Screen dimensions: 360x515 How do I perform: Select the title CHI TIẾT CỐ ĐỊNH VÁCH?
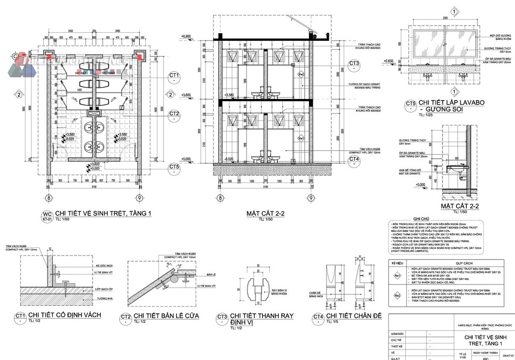click(x=65, y=315)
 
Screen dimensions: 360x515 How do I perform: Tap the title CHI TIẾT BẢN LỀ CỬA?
click(x=166, y=316)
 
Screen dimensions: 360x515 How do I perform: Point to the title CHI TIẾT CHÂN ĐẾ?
click(x=354, y=316)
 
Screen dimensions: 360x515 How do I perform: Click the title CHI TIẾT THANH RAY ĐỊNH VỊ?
click(x=262, y=319)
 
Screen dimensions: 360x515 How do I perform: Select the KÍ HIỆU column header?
click(x=397, y=263)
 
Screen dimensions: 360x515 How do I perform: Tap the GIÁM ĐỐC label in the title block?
click(x=398, y=333)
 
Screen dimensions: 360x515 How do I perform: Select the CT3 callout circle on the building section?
click(x=354, y=64)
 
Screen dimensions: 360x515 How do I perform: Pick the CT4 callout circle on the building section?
click(x=354, y=159)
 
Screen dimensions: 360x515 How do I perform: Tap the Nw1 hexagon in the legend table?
click(x=397, y=276)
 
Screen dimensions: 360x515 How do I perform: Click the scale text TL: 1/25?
click(x=419, y=115)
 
